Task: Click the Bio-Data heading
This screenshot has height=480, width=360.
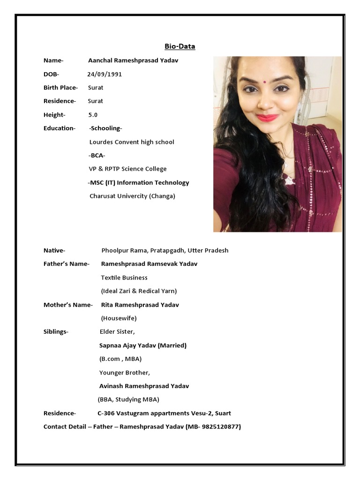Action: [x=180, y=46]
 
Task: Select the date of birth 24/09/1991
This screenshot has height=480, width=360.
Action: [x=105, y=74]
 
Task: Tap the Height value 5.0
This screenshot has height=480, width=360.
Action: [x=93, y=115]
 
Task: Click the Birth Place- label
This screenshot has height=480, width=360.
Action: [x=60, y=88]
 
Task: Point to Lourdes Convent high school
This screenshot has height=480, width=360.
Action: [x=132, y=142]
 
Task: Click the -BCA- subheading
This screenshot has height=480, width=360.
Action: [x=97, y=155]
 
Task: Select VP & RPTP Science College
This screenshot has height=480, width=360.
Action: [x=128, y=169]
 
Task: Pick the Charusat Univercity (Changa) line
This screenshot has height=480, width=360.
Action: [x=132, y=196]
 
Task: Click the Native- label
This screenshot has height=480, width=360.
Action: [x=54, y=250]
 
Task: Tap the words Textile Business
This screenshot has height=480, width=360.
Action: [x=124, y=277]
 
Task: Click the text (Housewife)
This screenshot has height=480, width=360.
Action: [x=119, y=318]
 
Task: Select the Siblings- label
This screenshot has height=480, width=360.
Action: [x=56, y=332]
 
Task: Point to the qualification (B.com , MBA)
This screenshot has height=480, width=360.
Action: [x=120, y=359]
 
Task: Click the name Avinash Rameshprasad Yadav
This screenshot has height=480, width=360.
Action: [x=144, y=386]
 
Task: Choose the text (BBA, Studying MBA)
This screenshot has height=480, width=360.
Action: [x=128, y=400]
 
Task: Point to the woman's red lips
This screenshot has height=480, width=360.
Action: [x=267, y=118]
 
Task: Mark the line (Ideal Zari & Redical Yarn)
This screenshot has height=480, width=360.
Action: [x=139, y=291]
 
